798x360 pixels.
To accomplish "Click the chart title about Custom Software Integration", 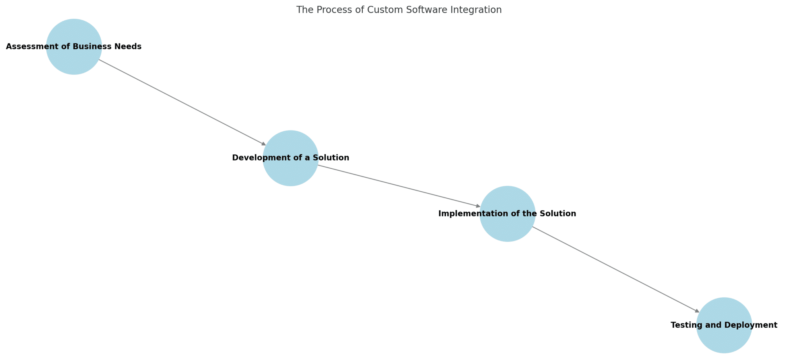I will tap(399, 10).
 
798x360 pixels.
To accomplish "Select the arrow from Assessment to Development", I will tap(181, 102).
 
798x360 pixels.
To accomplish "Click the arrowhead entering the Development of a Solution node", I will tap(264, 144).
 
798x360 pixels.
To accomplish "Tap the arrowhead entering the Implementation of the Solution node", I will tap(478, 206).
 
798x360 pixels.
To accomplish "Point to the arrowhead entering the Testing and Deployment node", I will tap(697, 311).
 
